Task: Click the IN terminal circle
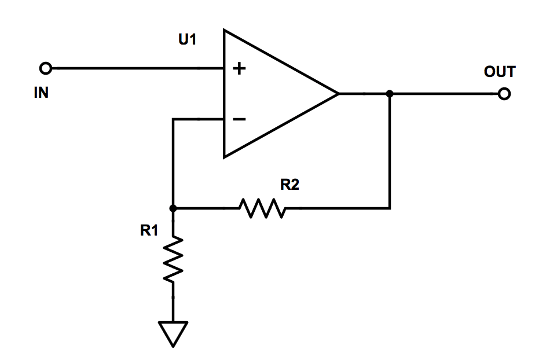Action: tap(45, 69)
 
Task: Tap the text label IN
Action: tap(41, 93)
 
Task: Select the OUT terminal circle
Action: tap(504, 94)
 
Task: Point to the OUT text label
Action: tap(499, 72)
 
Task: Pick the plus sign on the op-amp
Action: tap(239, 69)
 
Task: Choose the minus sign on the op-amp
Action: tap(239, 120)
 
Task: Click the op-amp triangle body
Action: tap(272, 94)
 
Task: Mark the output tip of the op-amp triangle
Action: tap(338, 94)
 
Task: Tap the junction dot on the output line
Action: tap(390, 94)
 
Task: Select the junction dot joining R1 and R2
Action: tap(173, 208)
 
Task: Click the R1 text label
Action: tap(149, 231)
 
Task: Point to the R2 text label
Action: tap(290, 185)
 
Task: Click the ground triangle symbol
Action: tap(173, 333)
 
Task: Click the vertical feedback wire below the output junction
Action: tap(390, 150)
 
